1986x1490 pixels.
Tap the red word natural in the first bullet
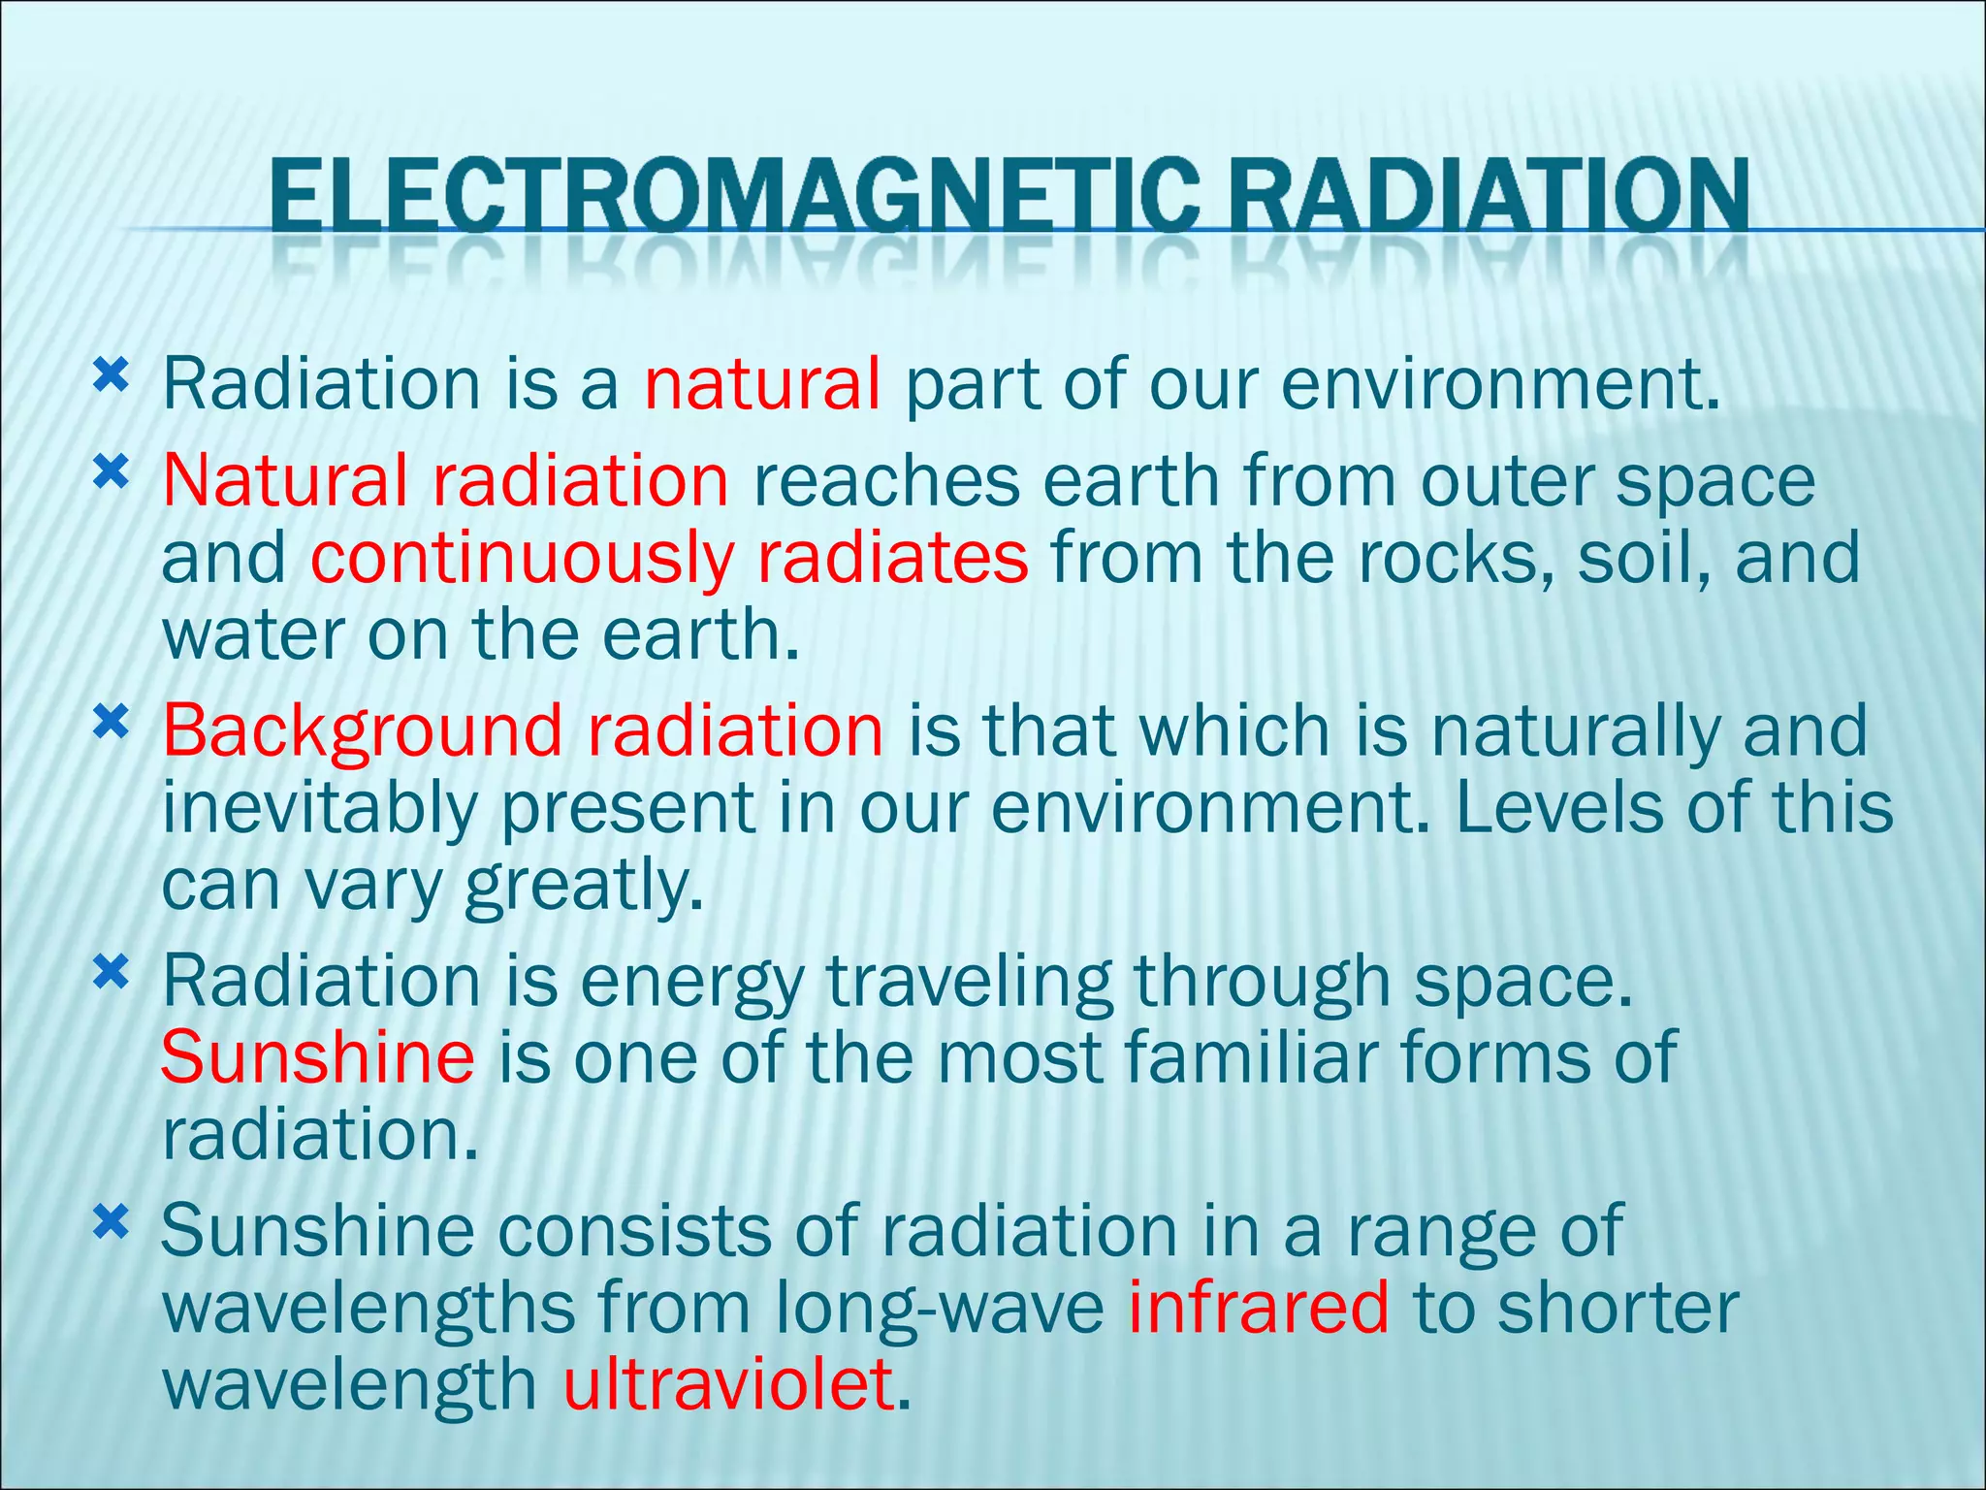tap(763, 384)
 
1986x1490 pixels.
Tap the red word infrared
tap(1258, 1308)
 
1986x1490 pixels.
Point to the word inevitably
tap(319, 808)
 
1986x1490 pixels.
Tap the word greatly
tap(583, 886)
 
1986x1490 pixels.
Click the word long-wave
tap(940, 1310)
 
